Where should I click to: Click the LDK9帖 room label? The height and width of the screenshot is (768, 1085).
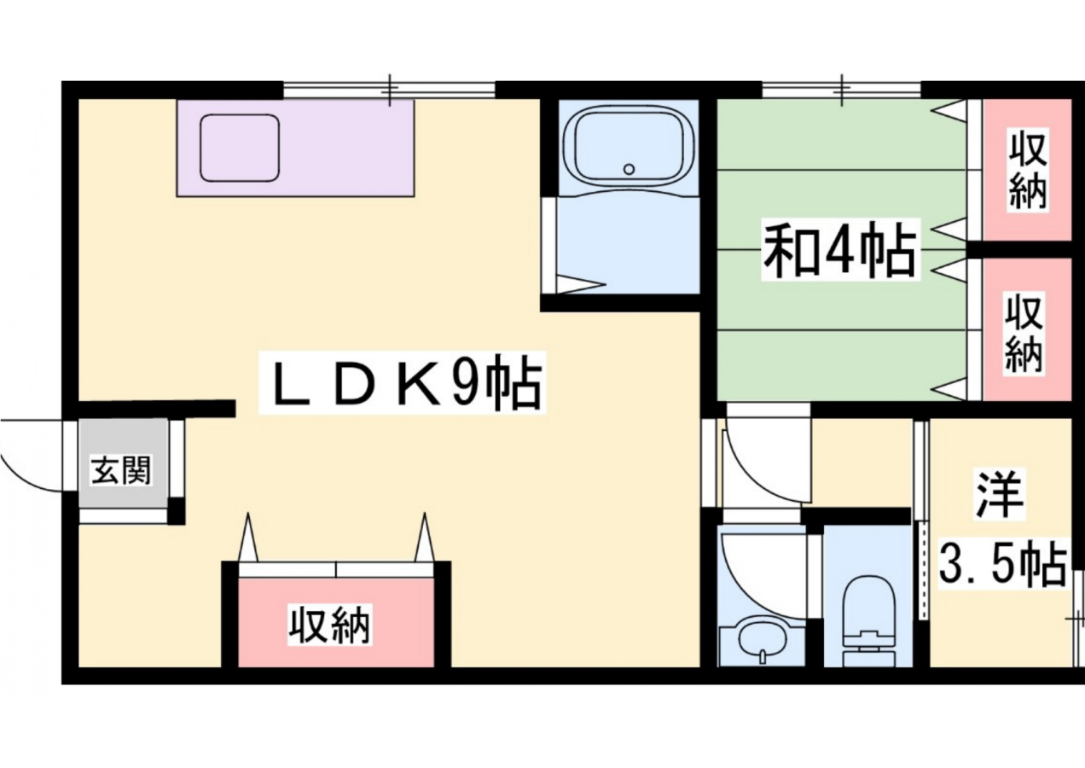click(402, 383)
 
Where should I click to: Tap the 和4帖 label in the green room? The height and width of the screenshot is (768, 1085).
click(840, 249)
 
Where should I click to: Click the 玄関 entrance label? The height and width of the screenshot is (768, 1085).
click(122, 470)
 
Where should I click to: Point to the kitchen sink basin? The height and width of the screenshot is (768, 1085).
click(241, 148)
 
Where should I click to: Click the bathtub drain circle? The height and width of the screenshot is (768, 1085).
click(630, 169)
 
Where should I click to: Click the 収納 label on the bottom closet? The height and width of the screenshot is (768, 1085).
click(330, 625)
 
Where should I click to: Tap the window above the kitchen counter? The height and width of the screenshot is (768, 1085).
click(389, 90)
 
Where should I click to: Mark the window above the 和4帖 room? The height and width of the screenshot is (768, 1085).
click(841, 90)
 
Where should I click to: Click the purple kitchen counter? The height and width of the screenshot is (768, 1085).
click(295, 148)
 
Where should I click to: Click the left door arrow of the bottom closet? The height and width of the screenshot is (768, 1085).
click(248, 537)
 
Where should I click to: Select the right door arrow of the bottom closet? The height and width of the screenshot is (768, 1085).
click(424, 537)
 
